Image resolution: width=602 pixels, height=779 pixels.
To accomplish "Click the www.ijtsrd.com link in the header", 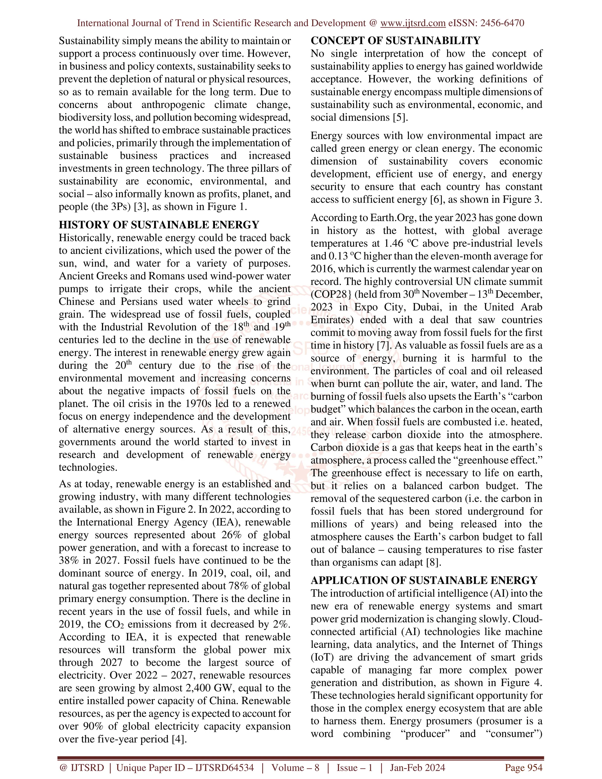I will point(413,23).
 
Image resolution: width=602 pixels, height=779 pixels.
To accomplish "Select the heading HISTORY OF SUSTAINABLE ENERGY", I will point(159,225).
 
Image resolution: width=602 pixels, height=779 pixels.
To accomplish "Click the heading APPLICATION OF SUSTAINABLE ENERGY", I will point(424,580).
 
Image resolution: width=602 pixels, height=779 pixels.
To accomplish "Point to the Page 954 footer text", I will point(523,768).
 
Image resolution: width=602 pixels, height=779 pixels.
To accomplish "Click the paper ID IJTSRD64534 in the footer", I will point(224,768).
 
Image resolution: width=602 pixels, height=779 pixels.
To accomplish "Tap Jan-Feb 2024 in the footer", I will point(417,768).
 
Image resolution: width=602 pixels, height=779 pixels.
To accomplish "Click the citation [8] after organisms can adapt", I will point(433,562).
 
